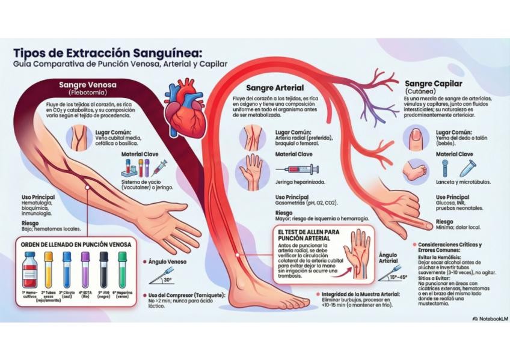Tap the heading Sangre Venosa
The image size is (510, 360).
pos(88,85)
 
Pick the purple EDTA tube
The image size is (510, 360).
pos(85,269)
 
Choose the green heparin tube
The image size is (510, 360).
pos(123,269)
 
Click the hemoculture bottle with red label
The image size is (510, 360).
pos(29,270)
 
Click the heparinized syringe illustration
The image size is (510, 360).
pos(295,170)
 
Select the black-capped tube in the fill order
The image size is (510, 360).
pos(104,269)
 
